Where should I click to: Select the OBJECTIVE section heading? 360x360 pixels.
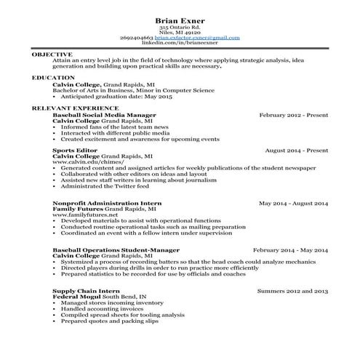pyautogui.click(x=52, y=55)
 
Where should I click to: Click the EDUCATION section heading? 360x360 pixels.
pyautogui.click(x=53, y=77)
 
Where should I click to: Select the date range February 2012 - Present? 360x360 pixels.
pyautogui.click(x=292, y=115)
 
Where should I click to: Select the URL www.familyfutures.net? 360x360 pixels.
pyautogui.click(x=86, y=215)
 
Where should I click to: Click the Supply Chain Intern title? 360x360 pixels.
pyautogui.click(x=82, y=289)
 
